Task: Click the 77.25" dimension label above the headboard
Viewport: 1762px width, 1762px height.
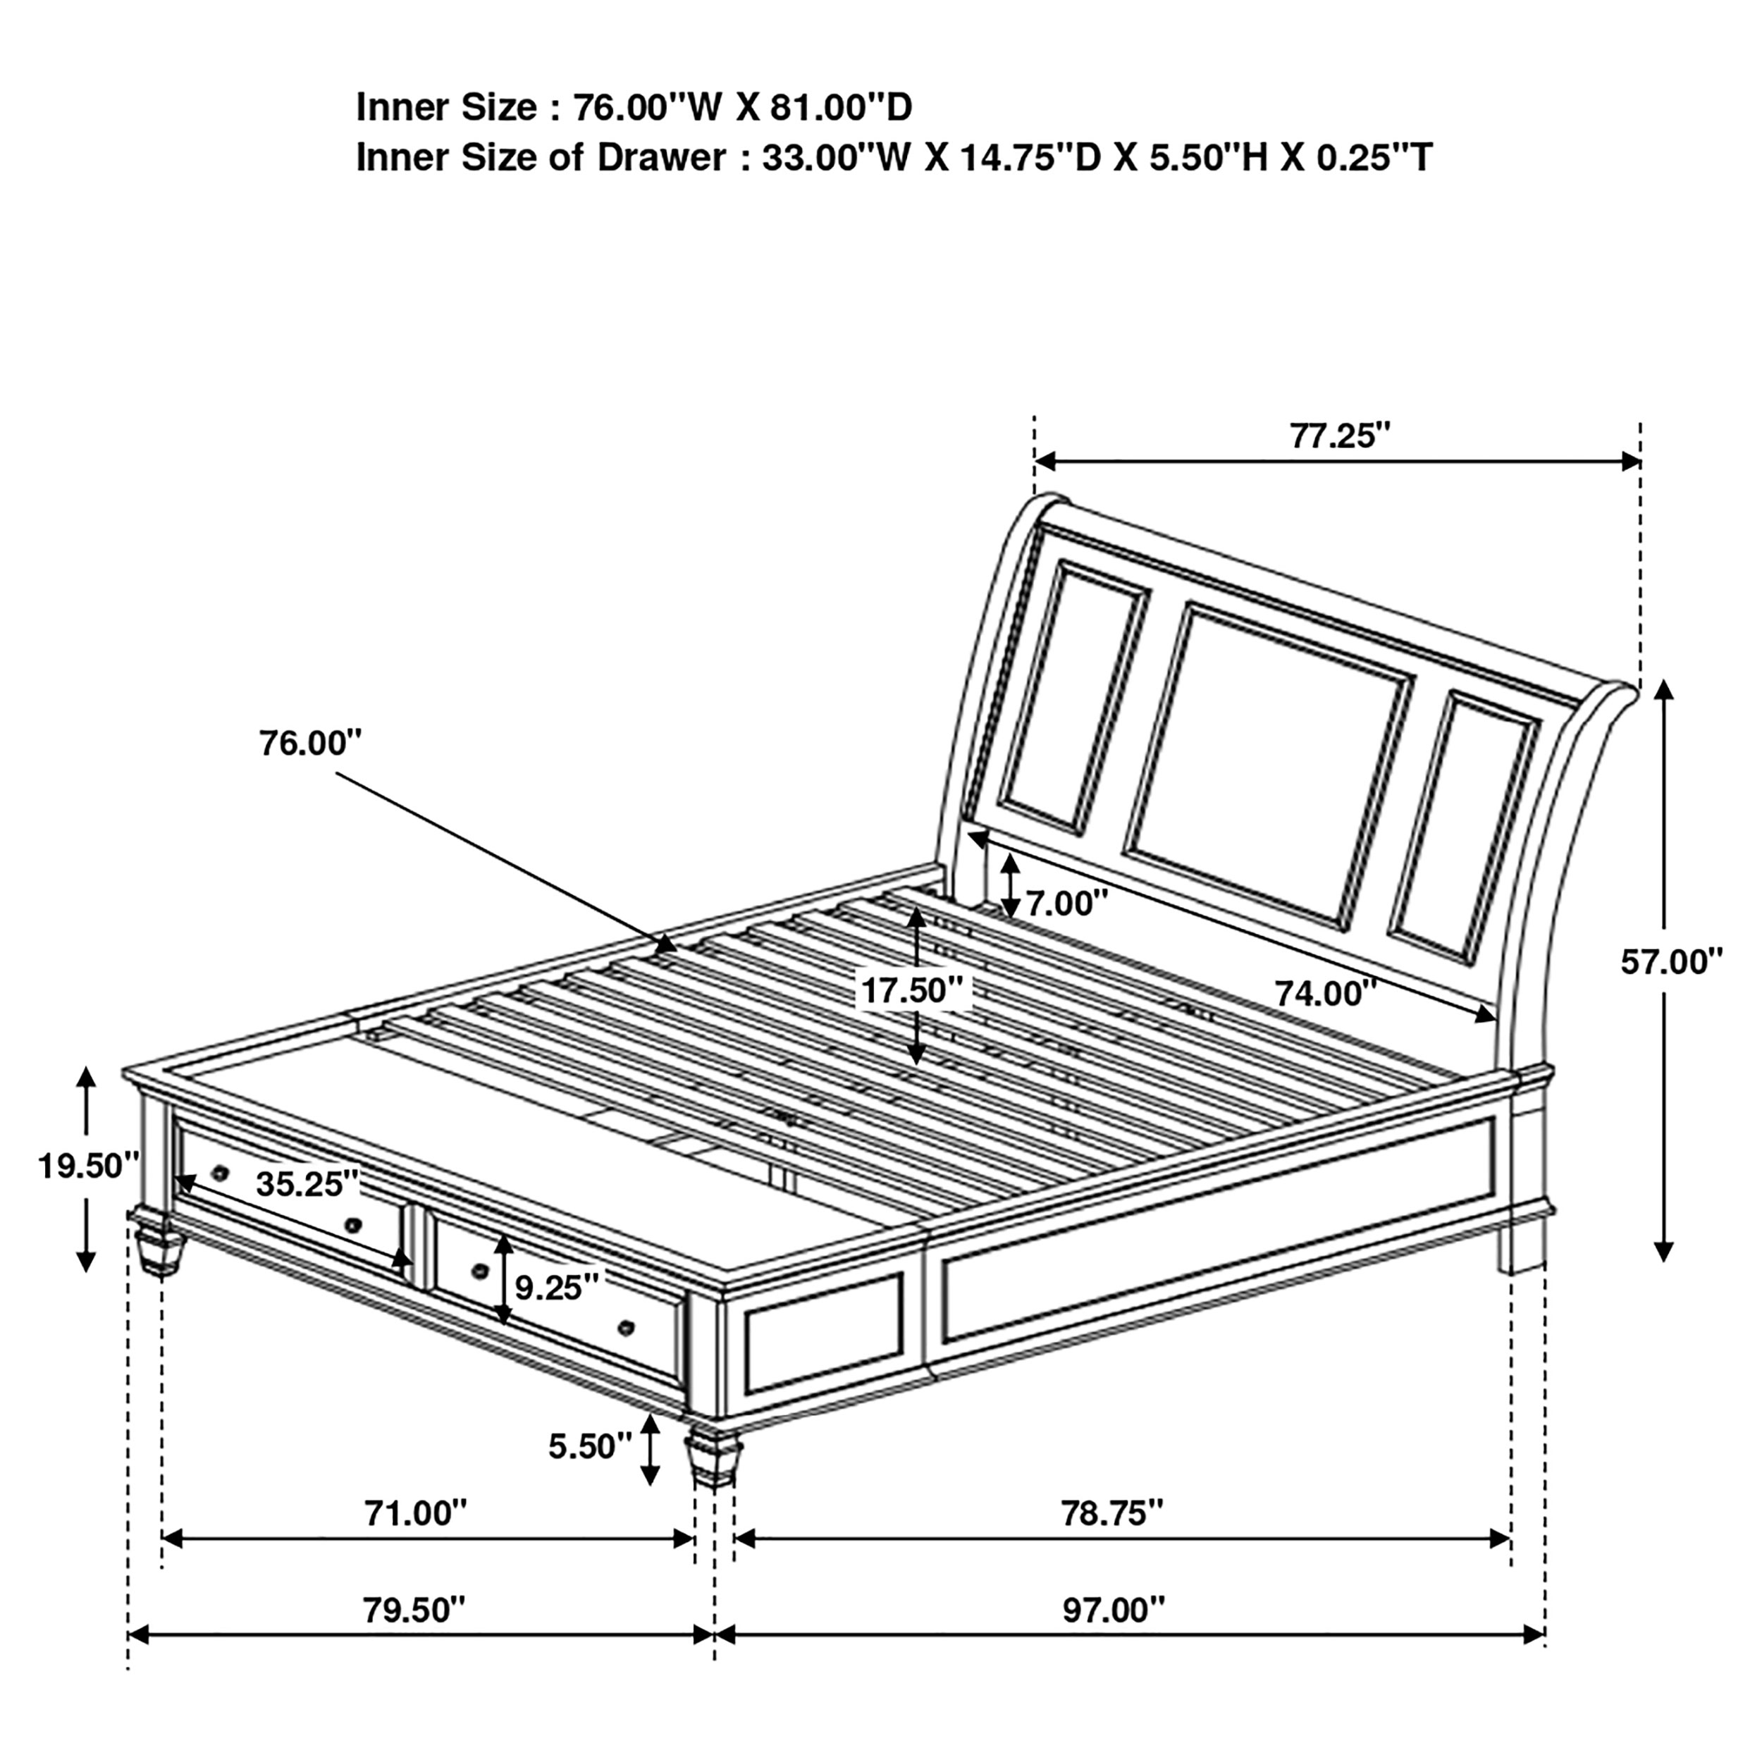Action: [1339, 437]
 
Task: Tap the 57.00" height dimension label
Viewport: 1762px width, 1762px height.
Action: [1671, 962]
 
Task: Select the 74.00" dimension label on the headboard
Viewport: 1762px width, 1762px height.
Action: [1325, 993]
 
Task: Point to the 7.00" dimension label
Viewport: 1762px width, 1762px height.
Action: [1066, 904]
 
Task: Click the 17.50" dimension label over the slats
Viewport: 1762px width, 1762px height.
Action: [912, 990]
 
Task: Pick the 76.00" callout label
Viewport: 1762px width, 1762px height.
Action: [310, 744]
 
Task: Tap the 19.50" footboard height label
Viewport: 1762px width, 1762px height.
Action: [87, 1166]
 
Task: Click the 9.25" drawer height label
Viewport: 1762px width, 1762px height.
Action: [556, 1288]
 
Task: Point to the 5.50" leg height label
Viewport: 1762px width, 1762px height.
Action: [589, 1446]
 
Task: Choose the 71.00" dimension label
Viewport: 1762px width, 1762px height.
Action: [415, 1514]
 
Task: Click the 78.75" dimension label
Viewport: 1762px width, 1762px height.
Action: [1111, 1514]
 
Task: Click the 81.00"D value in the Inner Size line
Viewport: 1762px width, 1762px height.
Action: [841, 108]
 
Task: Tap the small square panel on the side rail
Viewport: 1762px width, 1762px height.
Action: [823, 1334]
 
